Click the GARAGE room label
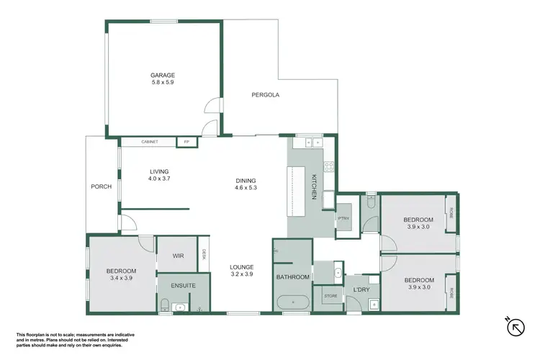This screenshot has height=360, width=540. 163,75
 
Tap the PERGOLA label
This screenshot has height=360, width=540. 265,95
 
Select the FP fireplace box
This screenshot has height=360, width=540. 188,142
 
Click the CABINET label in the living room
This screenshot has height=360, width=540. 150,142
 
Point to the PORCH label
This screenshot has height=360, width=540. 101,186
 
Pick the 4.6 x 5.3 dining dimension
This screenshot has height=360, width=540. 246,188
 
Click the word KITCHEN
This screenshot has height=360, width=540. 314,186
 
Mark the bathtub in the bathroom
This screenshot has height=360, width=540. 292,302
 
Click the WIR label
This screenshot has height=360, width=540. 179,256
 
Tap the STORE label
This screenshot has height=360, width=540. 330,296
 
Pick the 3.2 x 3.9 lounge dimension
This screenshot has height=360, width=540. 241,274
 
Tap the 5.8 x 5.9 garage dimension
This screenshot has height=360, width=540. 163,83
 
